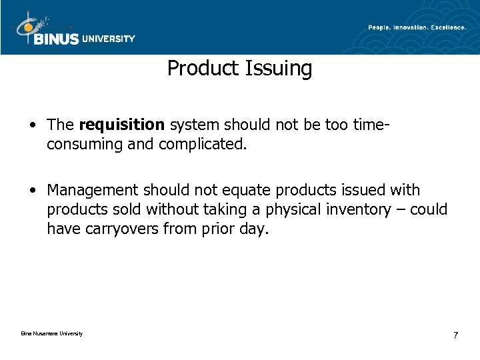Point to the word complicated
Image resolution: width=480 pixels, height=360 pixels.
[207, 143]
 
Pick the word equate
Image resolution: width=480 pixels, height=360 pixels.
[230, 191]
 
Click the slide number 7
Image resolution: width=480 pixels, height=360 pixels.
[455, 335]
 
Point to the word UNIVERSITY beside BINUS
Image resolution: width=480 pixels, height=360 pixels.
[109, 39]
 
